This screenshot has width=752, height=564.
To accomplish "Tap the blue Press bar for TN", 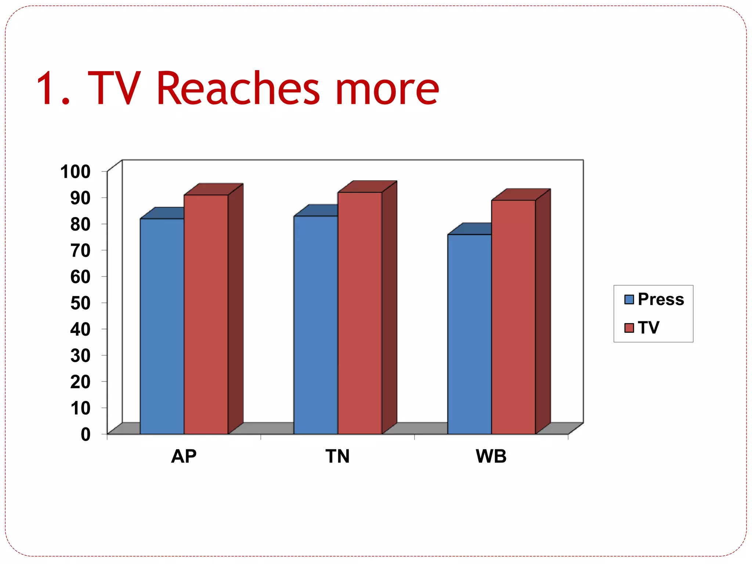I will point(316,325).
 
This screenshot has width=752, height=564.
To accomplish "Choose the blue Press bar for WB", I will point(469,334).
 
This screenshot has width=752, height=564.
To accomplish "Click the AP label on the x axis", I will point(184,456).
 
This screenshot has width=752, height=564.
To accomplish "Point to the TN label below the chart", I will point(337,456).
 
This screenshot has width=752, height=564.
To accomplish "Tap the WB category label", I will point(491,456).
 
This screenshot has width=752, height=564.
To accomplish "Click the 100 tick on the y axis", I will point(75,172).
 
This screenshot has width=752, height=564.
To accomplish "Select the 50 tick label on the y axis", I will point(80,303).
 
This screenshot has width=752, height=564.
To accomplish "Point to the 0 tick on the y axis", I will point(86,434).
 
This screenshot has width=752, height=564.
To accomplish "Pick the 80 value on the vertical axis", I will point(80,224).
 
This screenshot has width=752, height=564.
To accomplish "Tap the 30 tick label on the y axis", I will point(80,356).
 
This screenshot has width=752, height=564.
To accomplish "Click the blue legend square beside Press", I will point(629,300).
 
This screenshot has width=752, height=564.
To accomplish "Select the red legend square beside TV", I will point(629,328).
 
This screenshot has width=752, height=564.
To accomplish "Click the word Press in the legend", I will point(661,299).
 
